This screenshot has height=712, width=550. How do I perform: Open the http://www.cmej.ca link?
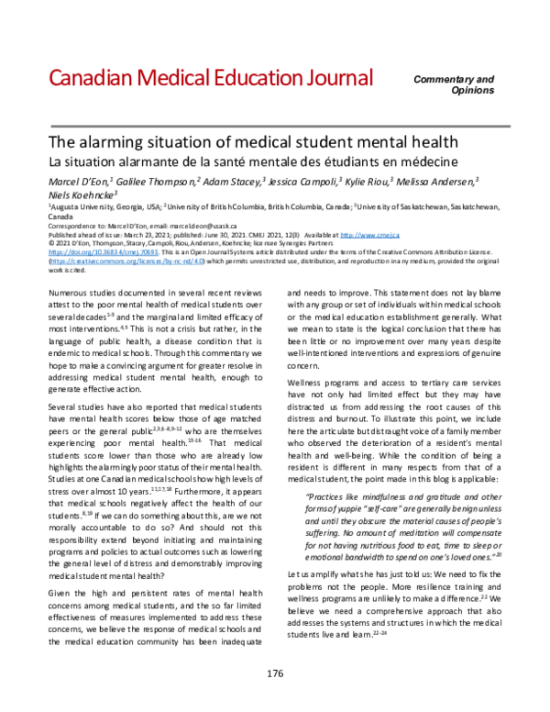click(438, 233)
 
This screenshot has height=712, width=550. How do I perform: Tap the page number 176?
click(274, 673)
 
